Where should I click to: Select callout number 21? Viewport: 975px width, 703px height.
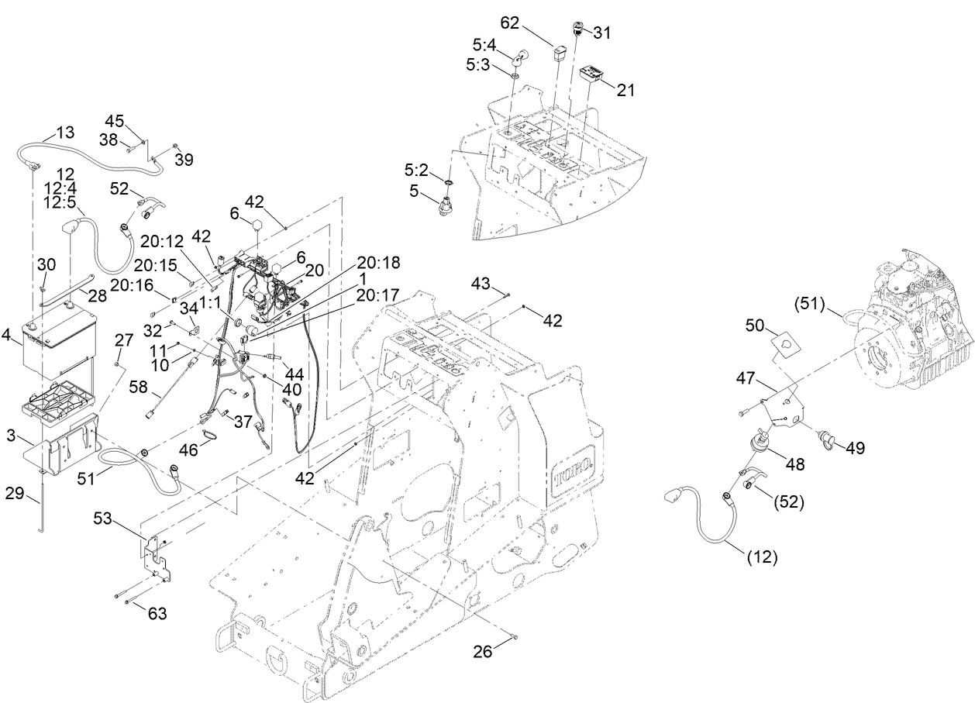[625, 90]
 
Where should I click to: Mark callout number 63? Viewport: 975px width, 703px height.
[157, 615]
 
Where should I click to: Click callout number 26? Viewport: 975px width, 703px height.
[484, 652]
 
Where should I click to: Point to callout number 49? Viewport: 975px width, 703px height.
[856, 447]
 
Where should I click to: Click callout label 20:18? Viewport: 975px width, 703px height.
[379, 263]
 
